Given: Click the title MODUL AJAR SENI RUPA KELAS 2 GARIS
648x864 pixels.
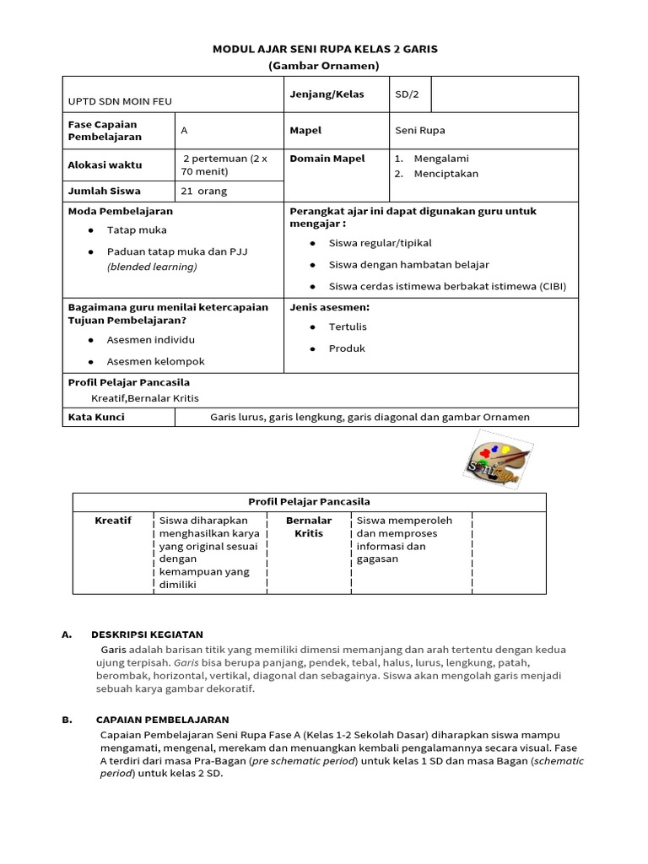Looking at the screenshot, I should tap(324, 50).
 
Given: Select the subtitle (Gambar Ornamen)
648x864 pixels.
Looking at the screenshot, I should tap(324, 66).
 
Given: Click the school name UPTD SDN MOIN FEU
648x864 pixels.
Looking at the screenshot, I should tap(120, 101).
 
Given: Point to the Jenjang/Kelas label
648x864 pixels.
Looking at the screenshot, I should tap(327, 94).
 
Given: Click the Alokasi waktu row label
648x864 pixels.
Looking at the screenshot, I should tap(105, 165).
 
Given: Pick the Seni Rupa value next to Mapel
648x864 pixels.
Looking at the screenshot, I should tap(419, 131).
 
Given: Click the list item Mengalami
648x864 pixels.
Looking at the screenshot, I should tap(441, 159).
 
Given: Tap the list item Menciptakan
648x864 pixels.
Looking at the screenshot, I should tap(445, 174).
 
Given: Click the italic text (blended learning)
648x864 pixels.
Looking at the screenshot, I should tap(152, 267).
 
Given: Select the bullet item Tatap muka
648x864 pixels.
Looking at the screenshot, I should tap(137, 229).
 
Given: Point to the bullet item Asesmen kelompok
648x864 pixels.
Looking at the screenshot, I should tap(155, 361).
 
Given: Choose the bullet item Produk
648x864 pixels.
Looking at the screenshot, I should tap(347, 348).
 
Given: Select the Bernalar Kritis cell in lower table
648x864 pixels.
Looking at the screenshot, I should tap(309, 527).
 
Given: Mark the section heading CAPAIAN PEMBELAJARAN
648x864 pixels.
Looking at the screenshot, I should tap(162, 720).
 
